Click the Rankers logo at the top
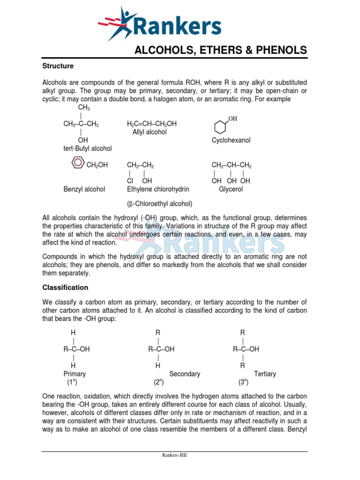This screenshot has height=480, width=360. (x=159, y=24)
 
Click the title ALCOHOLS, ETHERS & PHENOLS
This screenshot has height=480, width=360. (x=221, y=50)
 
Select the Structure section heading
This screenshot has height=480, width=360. (x=58, y=66)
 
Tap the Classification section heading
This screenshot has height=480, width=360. (x=65, y=287)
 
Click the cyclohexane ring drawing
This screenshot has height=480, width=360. (x=220, y=127)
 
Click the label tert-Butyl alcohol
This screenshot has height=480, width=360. (x=88, y=149)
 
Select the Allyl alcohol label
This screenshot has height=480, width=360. (x=150, y=132)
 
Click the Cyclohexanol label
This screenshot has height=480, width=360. (x=231, y=140)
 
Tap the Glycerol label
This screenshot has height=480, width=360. (x=231, y=189)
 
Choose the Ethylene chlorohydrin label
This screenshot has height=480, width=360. (x=158, y=189)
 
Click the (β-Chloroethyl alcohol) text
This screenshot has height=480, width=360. (x=159, y=204)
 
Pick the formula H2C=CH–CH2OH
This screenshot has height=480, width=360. (x=152, y=124)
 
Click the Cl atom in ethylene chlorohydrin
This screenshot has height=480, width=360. (x=130, y=181)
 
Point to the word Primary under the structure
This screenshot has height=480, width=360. (x=75, y=374)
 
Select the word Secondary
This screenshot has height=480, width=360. (x=185, y=374)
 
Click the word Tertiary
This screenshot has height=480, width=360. (x=265, y=374)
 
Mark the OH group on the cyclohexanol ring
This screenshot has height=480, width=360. (x=232, y=119)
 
